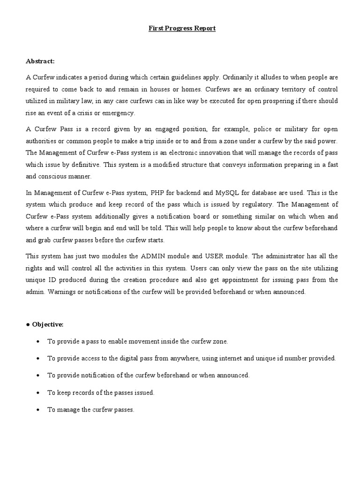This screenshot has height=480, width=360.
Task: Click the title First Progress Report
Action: click(182, 29)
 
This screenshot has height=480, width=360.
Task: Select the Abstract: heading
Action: click(40, 61)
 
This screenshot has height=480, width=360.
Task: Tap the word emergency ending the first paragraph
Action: click(119, 112)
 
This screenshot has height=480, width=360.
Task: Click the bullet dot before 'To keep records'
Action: click(37, 392)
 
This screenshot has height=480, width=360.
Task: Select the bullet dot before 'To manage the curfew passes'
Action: click(37, 410)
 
